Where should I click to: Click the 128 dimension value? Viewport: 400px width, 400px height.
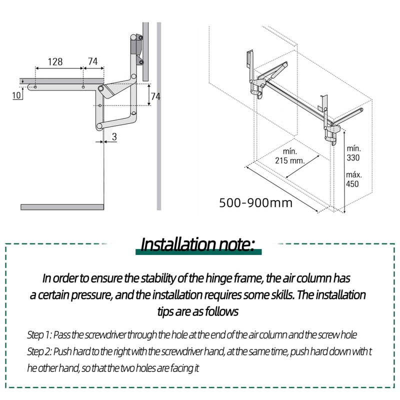pyautogui.click(x=55, y=61)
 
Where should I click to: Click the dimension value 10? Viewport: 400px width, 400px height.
pyautogui.click(x=16, y=95)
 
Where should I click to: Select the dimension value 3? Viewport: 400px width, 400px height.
pyautogui.click(x=114, y=136)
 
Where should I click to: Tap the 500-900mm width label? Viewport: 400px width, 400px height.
pyautogui.click(x=255, y=203)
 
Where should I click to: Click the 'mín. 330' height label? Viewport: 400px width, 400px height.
pyautogui.click(x=353, y=152)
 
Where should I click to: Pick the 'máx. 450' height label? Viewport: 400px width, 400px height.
pyautogui.click(x=353, y=179)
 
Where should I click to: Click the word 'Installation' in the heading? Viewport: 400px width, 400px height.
pyautogui.click(x=179, y=244)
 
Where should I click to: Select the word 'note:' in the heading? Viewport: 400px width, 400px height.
pyautogui.click(x=237, y=244)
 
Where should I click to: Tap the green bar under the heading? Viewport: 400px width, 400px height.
pyautogui.click(x=199, y=253)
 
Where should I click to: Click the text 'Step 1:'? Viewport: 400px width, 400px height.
pyautogui.click(x=40, y=334)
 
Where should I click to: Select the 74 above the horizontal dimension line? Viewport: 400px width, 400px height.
pyautogui.click(x=92, y=61)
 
